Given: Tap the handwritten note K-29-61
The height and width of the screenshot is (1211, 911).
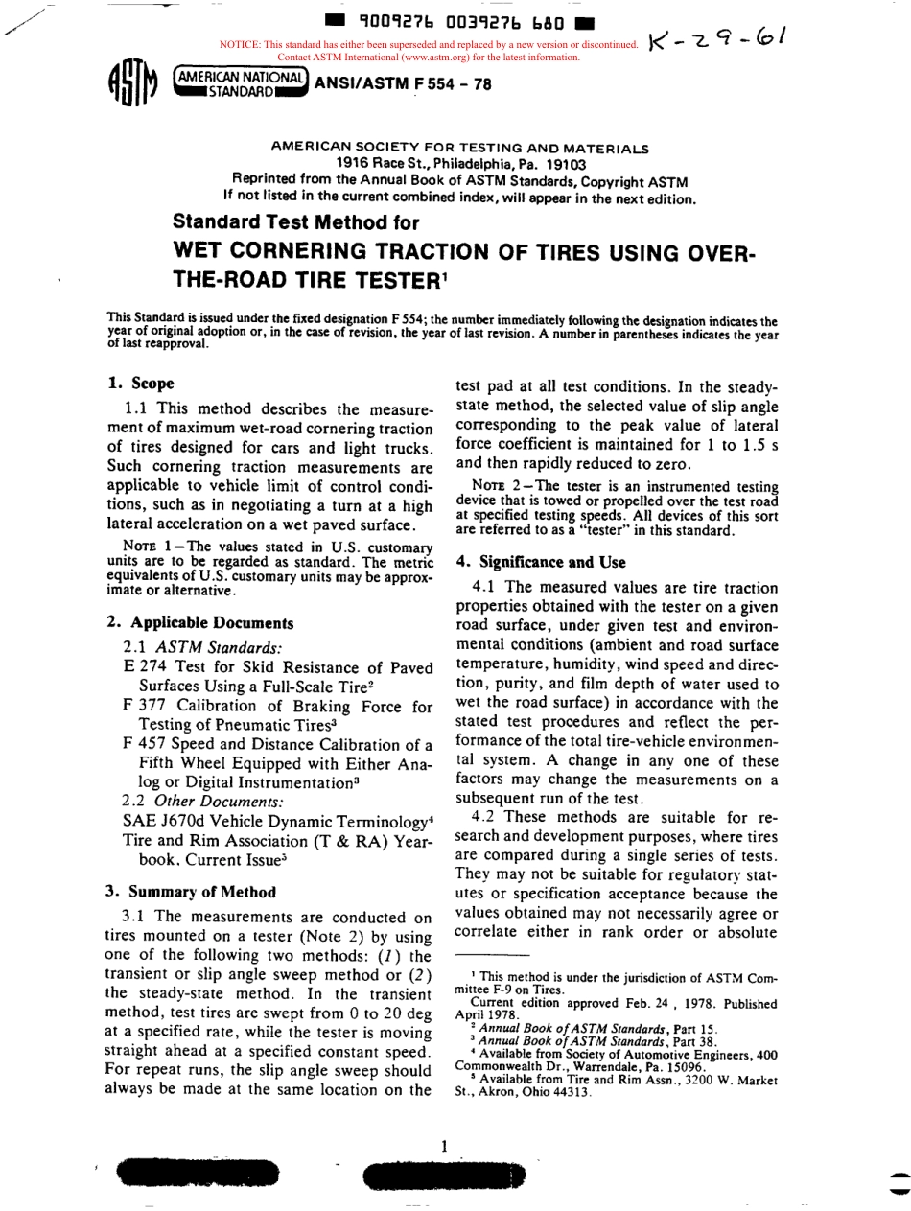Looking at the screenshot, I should pyautogui.click(x=718, y=40).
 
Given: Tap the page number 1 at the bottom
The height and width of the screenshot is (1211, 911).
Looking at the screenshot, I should pyautogui.click(x=444, y=1146).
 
